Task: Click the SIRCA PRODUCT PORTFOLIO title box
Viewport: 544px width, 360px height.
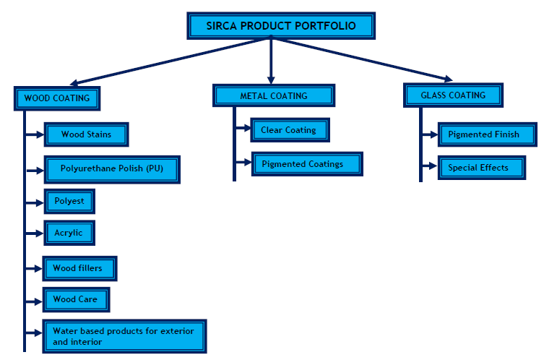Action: click(x=272, y=26)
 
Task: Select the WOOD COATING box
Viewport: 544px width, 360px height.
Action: click(x=56, y=98)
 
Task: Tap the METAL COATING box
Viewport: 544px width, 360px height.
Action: click(x=273, y=95)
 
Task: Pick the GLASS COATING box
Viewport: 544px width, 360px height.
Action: click(x=453, y=95)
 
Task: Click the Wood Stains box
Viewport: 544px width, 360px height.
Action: click(x=86, y=134)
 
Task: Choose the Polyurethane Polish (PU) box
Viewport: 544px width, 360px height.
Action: click(x=111, y=169)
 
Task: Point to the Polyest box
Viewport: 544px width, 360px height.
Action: click(x=69, y=201)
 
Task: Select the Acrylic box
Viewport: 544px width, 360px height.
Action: click(x=69, y=233)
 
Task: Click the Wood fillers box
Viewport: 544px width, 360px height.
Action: click(x=79, y=268)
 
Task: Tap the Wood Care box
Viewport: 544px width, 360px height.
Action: click(x=75, y=299)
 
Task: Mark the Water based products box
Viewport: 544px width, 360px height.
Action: click(x=124, y=335)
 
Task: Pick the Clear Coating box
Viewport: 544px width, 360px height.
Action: click(x=290, y=130)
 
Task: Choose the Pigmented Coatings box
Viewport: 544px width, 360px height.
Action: click(x=306, y=164)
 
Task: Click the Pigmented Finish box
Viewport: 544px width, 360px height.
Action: click(x=488, y=134)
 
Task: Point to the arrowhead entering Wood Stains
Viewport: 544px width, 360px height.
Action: click(x=40, y=134)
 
